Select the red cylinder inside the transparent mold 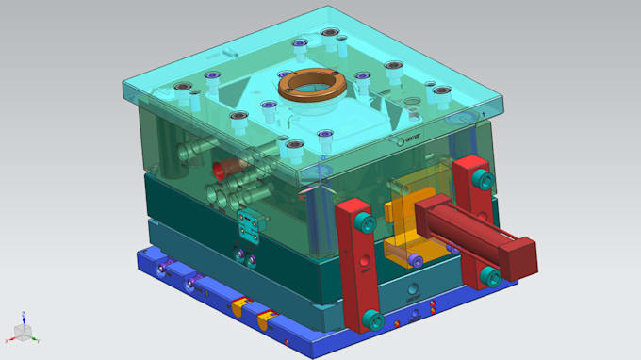tap(222, 170)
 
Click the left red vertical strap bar tap(357, 273)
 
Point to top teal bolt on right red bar tap(484, 178)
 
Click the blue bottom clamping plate tap(311, 330)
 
